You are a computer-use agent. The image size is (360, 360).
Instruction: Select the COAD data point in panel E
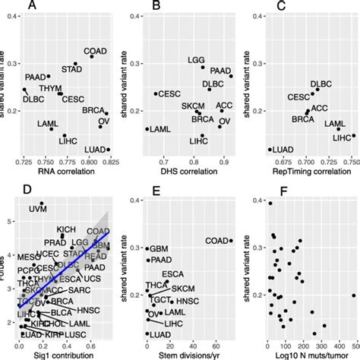pyautogui.click(x=230, y=241)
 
